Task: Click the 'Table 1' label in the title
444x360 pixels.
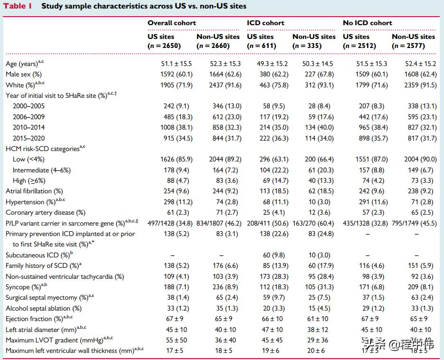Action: (18, 7)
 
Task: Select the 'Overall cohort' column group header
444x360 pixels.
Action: (171, 23)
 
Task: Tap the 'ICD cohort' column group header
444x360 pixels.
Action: (265, 23)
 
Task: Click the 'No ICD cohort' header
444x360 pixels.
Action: (368, 23)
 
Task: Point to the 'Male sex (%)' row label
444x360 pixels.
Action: (24, 74)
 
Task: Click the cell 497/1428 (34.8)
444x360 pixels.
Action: (169, 223)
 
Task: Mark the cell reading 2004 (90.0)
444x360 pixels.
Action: (416, 160)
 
